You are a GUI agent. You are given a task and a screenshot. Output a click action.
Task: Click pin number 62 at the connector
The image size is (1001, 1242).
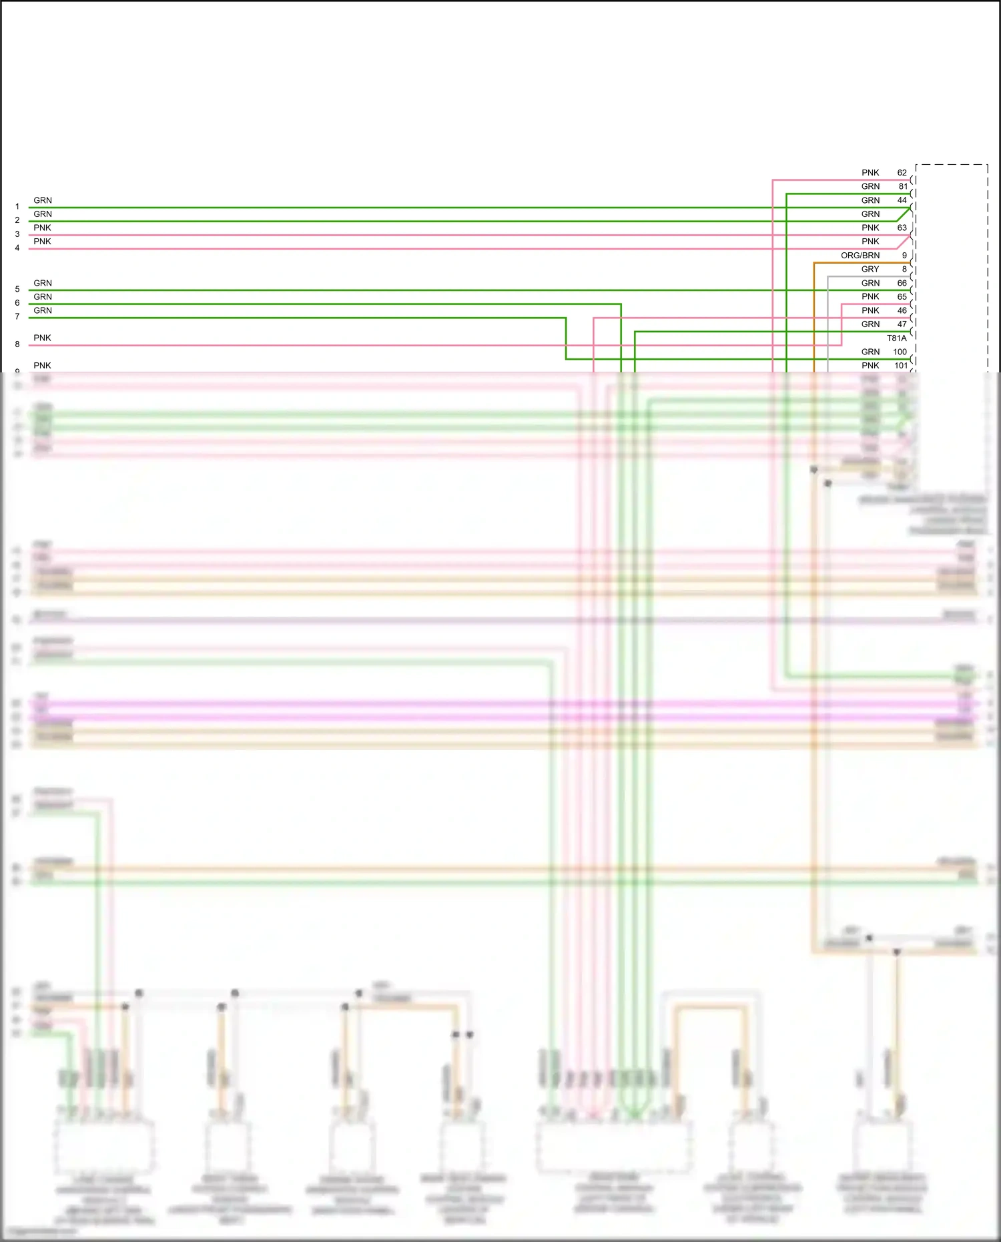[902, 173]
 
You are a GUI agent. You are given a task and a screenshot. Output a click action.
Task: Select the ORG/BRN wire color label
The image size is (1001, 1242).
[860, 256]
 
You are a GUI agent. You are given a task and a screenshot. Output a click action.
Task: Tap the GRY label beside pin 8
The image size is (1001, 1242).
[870, 270]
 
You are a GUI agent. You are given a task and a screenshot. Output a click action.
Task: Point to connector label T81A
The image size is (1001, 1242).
[896, 338]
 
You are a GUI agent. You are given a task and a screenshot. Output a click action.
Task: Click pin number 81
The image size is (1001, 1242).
[902, 187]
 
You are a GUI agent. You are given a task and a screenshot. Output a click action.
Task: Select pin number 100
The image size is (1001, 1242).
[900, 352]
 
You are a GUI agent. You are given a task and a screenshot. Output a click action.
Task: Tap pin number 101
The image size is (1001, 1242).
[900, 366]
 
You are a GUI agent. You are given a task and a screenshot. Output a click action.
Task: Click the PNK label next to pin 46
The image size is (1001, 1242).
[870, 311]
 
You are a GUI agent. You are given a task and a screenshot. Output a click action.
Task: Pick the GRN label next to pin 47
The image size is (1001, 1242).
[870, 324]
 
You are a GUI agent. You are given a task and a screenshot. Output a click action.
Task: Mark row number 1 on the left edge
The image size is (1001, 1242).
[17, 207]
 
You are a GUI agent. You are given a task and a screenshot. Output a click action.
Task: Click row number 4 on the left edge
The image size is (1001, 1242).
[17, 248]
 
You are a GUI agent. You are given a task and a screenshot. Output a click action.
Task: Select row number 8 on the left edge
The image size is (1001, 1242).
[17, 344]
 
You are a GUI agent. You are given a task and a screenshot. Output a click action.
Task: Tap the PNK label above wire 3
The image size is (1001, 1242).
[42, 228]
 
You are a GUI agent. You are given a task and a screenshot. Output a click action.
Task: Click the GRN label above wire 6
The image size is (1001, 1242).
[42, 297]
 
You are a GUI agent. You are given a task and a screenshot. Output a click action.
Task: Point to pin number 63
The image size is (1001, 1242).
[902, 228]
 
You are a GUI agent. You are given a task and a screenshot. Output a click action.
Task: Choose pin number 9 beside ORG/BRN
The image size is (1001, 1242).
[904, 256]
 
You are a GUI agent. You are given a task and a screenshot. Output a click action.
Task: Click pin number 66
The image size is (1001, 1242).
[902, 284]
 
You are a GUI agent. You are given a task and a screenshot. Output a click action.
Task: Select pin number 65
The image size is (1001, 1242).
[902, 297]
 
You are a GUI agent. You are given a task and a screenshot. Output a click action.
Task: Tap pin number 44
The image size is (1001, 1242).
[902, 200]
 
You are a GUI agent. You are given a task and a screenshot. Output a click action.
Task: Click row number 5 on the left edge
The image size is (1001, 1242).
[17, 290]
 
